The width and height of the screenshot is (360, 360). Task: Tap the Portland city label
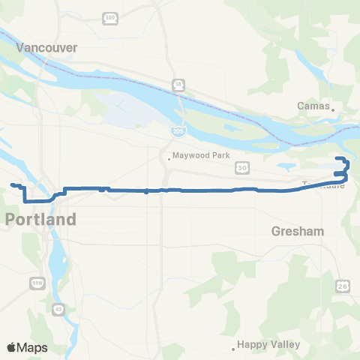[x=41, y=220]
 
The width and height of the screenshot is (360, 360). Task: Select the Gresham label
[x=298, y=232]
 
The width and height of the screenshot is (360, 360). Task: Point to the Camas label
[x=313, y=106]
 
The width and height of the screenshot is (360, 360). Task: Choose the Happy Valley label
[x=268, y=345]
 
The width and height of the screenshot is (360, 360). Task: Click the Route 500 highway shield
[x=111, y=16]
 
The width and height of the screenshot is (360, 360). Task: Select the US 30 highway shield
[x=241, y=167]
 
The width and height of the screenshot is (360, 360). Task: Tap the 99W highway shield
[x=37, y=282]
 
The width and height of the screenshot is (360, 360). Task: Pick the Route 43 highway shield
[x=58, y=309]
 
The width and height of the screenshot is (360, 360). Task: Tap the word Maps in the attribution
[x=33, y=347]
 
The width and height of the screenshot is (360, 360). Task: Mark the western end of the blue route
[x=12, y=184]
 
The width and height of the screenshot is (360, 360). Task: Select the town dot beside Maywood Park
[x=170, y=157]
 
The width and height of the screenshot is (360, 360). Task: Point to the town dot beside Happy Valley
[x=233, y=347]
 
